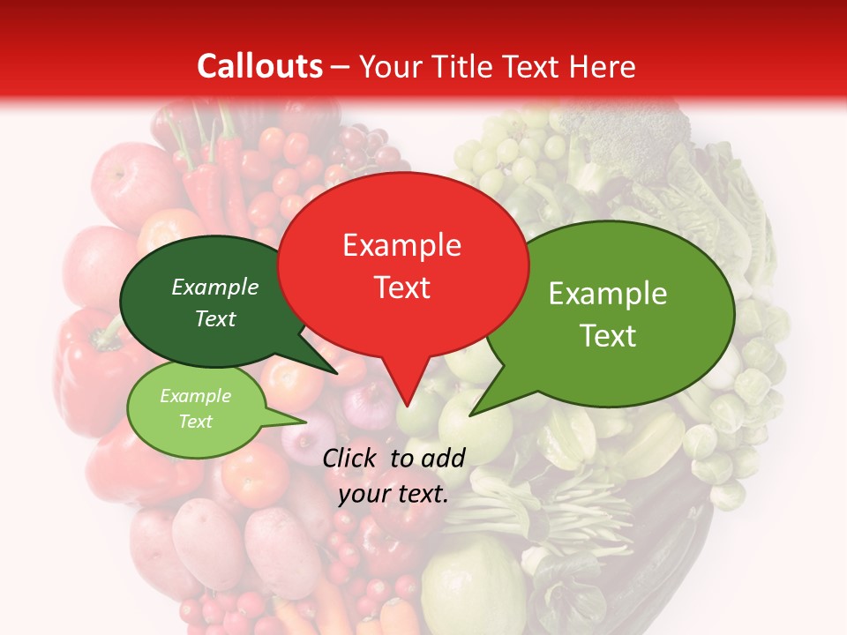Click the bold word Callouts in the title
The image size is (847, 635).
tap(259, 66)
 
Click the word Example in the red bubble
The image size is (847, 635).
tap(402, 245)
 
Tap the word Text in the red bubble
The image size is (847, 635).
tap(402, 288)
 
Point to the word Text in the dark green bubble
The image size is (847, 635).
tap(215, 318)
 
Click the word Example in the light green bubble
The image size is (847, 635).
tap(195, 396)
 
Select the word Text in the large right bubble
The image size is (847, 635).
tap(608, 336)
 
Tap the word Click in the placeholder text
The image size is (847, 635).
tap(350, 458)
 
